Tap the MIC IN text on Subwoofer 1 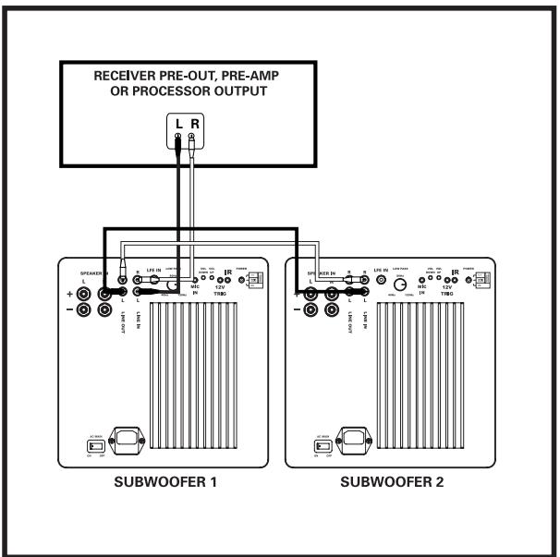pos(194,290)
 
